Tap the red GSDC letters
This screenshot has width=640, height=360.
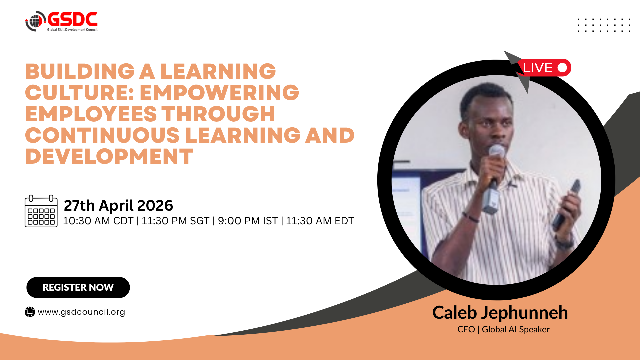pos(73,19)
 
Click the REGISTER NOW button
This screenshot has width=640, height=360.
pos(78,287)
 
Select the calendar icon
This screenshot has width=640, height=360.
pos(41,211)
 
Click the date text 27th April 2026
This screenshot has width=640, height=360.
pos(118,205)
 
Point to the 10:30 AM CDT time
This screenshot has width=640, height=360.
pos(98,221)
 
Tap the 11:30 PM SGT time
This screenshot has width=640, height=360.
pos(176,221)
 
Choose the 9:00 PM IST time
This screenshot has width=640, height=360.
pos(248,221)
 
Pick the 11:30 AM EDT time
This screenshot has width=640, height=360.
pos(320,221)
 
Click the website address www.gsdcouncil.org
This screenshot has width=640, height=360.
pos(81,312)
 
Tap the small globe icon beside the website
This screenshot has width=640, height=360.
pos(30,312)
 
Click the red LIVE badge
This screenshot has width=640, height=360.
pos(544,68)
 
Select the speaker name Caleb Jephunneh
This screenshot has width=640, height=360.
pos(500,313)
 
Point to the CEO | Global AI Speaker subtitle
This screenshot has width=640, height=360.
pos(503,329)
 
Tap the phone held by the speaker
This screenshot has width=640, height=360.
pos(567,205)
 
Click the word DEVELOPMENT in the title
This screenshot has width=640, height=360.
pos(109,156)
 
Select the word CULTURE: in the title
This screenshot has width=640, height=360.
pos(79,92)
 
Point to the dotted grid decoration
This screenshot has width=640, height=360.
pos(604,25)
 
